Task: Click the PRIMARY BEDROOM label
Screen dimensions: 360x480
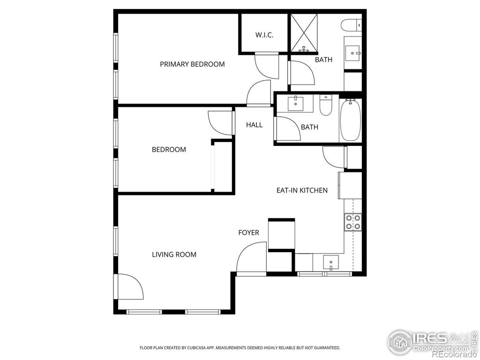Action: tap(192, 64)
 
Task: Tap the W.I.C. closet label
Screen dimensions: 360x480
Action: tap(264, 35)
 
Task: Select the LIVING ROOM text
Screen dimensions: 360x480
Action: tap(174, 255)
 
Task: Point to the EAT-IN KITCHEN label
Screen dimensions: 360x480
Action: tap(302, 190)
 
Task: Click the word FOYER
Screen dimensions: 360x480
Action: tap(248, 232)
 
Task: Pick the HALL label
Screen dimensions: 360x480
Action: tap(254, 125)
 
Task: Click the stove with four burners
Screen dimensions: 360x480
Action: tap(353, 222)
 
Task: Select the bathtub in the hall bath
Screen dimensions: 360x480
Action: tap(350, 120)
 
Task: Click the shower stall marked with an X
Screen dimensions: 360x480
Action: tap(304, 33)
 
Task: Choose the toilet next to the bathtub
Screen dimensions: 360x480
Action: tap(326, 105)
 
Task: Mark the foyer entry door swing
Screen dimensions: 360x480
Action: tap(251, 258)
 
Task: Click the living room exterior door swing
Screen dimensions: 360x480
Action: tap(128, 286)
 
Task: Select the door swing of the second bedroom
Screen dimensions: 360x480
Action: tap(220, 122)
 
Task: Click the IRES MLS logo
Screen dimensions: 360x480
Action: tap(430, 342)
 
